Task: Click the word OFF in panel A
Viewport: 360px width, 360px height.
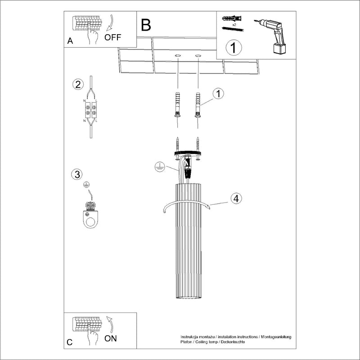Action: (112, 37)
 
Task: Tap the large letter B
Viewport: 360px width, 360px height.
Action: (145, 25)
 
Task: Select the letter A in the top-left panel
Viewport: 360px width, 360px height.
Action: (70, 41)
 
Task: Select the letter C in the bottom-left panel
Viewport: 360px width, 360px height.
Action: (69, 342)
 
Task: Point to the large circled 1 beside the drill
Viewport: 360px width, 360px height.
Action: (234, 47)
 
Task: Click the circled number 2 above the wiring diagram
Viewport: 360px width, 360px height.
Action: (78, 84)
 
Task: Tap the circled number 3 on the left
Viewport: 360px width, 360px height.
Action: (77, 174)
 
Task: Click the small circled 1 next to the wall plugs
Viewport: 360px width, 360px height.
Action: (218, 94)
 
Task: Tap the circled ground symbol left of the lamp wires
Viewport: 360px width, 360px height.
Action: (158, 166)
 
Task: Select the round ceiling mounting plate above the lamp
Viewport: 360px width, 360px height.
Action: (187, 154)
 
